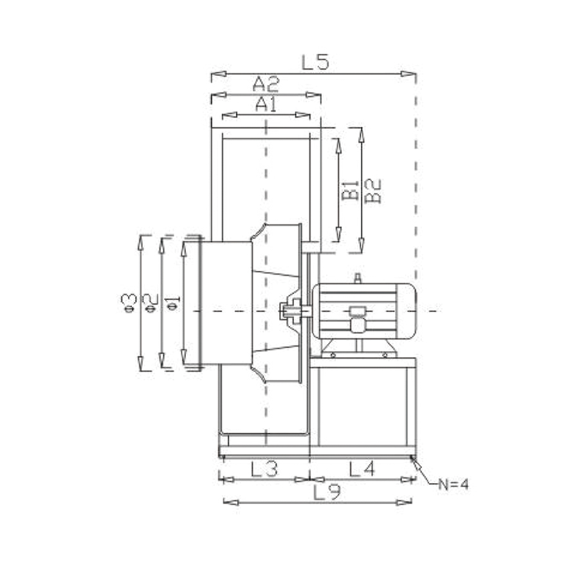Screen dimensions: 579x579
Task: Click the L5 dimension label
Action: tap(315, 62)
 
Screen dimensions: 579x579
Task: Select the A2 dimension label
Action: tap(265, 83)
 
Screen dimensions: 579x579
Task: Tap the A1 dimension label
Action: tap(266, 104)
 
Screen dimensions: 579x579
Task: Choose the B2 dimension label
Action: tap(373, 190)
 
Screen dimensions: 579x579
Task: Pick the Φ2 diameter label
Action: tap(151, 302)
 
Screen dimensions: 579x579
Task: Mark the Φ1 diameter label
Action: tap(172, 302)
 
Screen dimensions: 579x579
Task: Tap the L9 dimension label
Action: tap(327, 492)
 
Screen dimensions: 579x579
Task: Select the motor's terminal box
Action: tap(356, 318)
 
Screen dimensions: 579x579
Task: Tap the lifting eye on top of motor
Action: tap(358, 278)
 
